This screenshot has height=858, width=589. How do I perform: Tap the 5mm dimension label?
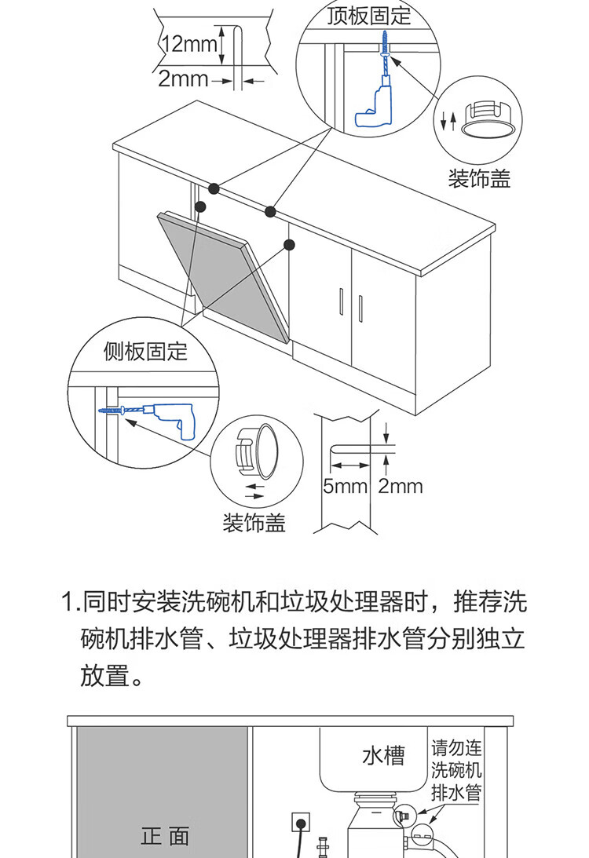pyautogui.click(x=346, y=486)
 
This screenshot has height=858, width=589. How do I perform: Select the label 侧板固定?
pyautogui.click(x=146, y=351)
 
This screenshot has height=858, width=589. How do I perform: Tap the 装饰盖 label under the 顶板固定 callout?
pyautogui.click(x=479, y=179)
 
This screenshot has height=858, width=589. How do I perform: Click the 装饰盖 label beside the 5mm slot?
pyautogui.click(x=254, y=523)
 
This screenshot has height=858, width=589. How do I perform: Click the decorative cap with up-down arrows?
pyautogui.click(x=488, y=121)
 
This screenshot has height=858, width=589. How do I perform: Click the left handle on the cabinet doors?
pyautogui.click(x=342, y=302)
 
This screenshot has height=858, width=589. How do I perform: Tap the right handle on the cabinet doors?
pyautogui.click(x=360, y=307)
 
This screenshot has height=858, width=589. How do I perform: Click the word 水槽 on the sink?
pyautogui.click(x=383, y=756)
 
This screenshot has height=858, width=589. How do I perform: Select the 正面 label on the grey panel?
pyautogui.click(x=165, y=835)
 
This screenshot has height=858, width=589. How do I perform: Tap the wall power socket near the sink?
pyautogui.click(x=299, y=823)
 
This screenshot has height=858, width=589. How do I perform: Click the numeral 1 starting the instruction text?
pyautogui.click(x=68, y=603)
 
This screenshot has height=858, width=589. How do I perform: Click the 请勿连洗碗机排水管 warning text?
pyautogui.click(x=456, y=769)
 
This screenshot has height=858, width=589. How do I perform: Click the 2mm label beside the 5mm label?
pyautogui.click(x=400, y=486)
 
